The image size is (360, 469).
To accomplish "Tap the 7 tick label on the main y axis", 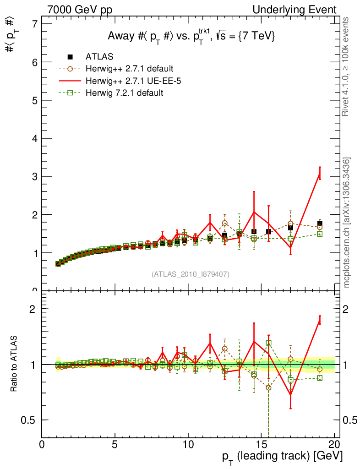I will coord(33,24).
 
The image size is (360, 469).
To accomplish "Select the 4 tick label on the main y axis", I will coord(33,138).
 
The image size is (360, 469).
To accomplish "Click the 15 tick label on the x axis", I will coord(261,445).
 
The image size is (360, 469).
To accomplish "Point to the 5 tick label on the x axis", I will coord(115,445).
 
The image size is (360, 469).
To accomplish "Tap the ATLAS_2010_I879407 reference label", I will coord(191,274).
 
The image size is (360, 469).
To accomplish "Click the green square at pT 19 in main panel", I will coord(320,234).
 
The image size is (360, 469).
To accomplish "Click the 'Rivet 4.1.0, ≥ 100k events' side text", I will coord(346,67).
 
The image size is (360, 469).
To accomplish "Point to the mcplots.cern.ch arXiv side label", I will coord(347,223).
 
